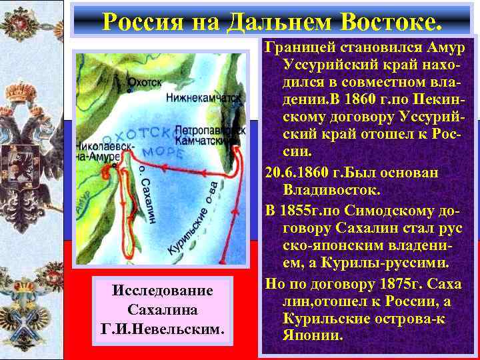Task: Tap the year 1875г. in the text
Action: tap(385, 283)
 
